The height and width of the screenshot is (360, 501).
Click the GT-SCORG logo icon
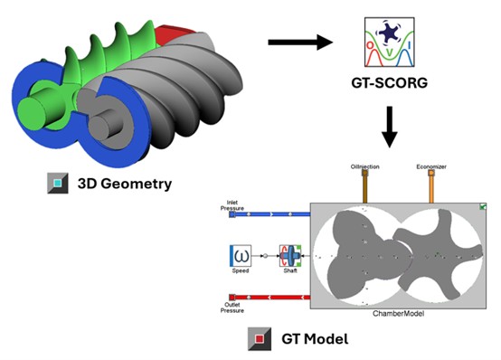tap(390, 42)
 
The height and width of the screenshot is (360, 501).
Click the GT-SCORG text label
tap(390, 83)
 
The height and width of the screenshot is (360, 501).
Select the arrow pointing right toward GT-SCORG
tap(300, 42)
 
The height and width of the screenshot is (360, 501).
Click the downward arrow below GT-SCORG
tap(390, 127)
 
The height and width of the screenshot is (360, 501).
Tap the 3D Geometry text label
tap(125, 184)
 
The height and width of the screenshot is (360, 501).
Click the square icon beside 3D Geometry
tap(58, 184)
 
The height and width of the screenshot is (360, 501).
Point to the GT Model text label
tap(315, 339)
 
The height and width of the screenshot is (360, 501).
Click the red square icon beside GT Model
tap(260, 339)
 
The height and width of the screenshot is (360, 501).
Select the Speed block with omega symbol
tap(241, 256)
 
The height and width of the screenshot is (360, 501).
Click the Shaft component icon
tap(290, 256)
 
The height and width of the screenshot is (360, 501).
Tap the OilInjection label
tap(364, 166)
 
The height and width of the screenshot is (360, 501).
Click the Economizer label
tap(431, 166)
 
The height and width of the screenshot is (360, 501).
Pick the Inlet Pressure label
tap(232, 205)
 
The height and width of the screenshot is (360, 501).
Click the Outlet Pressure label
tap(232, 308)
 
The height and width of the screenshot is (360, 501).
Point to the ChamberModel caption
tap(399, 314)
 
